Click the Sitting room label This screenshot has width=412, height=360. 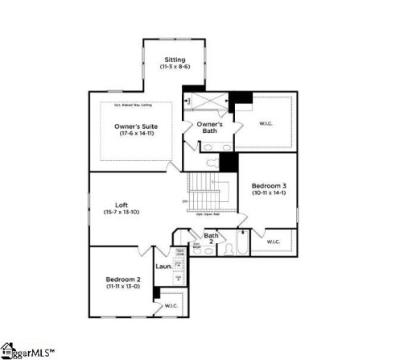pyautogui.click(x=175, y=60)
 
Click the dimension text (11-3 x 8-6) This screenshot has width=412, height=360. pyautogui.click(x=175, y=68)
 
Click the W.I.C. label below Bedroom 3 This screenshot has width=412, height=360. pyautogui.click(x=273, y=241)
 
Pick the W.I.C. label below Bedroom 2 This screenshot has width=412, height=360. pyautogui.click(x=171, y=306)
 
